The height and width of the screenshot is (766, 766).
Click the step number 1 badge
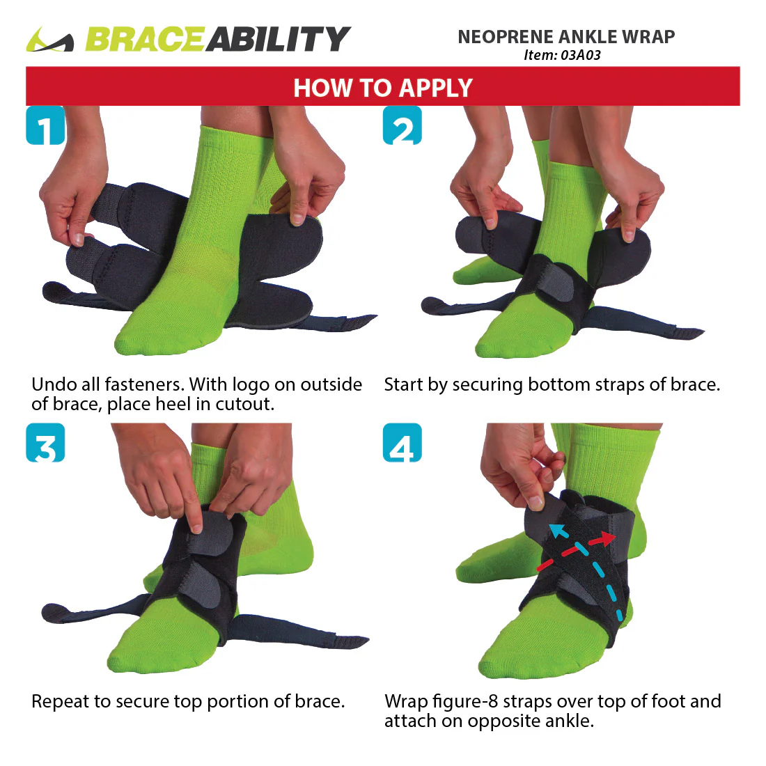pyautogui.click(x=45, y=125)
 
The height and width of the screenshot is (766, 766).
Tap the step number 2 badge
pyautogui.click(x=402, y=125)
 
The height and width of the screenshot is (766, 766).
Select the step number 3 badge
pyautogui.click(x=45, y=443)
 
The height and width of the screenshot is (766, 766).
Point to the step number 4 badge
pyautogui.click(x=402, y=443)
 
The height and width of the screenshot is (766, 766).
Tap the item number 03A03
pyautogui.click(x=581, y=55)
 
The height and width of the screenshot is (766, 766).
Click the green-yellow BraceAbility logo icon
pyautogui.click(x=49, y=40)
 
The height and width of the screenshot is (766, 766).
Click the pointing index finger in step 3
pyautogui.click(x=195, y=519)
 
